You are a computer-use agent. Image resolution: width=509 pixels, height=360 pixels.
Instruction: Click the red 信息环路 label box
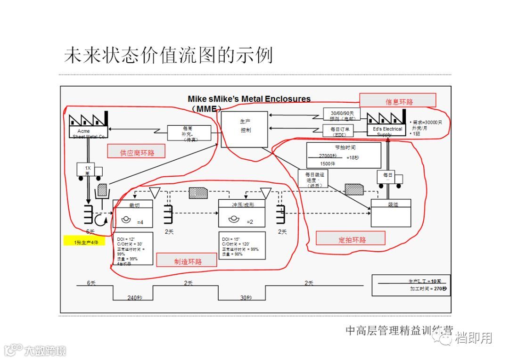click(398, 100)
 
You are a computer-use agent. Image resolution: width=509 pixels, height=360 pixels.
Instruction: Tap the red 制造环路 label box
click(187, 260)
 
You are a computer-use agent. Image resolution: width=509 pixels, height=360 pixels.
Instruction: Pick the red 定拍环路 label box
click(351, 238)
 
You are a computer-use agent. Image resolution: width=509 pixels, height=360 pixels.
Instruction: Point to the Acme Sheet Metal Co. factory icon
click(88, 125)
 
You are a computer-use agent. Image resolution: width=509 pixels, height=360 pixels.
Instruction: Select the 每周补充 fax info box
click(188, 131)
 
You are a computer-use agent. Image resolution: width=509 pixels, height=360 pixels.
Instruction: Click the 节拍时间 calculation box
click(344, 155)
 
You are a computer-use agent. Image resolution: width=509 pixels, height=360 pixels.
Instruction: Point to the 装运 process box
click(391, 213)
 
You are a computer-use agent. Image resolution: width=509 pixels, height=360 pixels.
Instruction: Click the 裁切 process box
click(133, 213)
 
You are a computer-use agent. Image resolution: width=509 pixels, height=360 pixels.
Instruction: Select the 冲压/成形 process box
click(242, 213)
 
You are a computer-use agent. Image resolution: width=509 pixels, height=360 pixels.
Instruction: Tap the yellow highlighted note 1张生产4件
click(84, 242)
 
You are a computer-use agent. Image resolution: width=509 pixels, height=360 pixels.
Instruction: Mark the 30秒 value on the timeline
click(246, 298)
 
